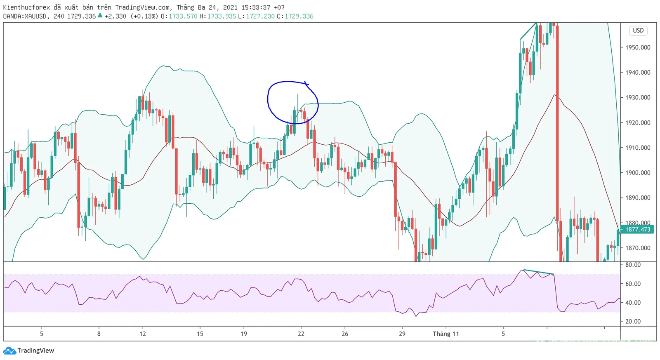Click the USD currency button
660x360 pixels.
click(638, 31)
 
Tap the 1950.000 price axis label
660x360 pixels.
click(638, 47)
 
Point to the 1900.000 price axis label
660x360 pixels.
click(638, 173)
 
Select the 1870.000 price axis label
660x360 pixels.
click(638, 248)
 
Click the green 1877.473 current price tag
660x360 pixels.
click(637, 230)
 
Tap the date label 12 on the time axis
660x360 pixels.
click(143, 334)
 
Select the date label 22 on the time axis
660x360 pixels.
click(301, 334)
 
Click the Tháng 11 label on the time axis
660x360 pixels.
click(446, 334)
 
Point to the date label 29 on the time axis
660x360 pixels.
click(402, 334)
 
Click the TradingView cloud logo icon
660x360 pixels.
click(9, 351)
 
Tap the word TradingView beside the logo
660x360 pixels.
click(35, 351)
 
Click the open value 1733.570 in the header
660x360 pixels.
click(183, 16)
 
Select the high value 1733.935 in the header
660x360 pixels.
click(222, 16)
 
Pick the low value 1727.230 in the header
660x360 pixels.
click(260, 16)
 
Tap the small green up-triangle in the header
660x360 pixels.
click(100, 15)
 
